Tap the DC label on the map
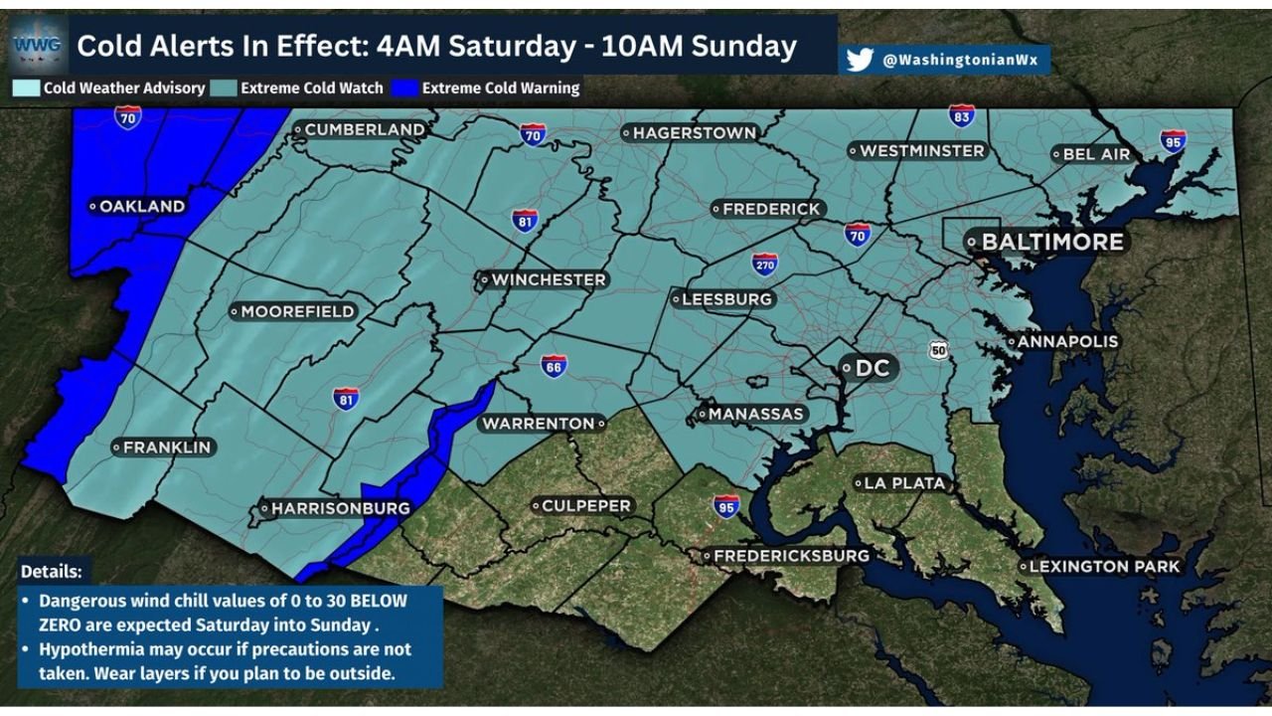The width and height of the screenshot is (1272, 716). coord(871,368)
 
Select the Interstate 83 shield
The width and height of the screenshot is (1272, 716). coord(961,116)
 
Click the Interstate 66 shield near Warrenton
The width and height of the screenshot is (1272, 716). coord(554,366)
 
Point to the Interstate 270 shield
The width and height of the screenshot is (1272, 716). coord(764,264)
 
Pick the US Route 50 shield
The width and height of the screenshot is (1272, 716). coord(939,350)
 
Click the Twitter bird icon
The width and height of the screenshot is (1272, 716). coord(860,61)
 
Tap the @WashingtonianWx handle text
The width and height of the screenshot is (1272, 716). coord(959,61)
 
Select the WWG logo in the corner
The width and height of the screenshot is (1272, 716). coord(38,44)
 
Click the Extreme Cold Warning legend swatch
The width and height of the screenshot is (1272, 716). coord(404,89)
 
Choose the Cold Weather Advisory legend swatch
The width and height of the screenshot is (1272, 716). coord(26,89)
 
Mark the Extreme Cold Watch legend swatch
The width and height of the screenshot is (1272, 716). coord(223,89)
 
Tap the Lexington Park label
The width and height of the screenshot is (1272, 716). coord(1104,566)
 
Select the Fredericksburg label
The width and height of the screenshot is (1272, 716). coord(791,555)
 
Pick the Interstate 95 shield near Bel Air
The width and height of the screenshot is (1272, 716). coord(1173,140)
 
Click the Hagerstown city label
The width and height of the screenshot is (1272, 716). coord(695,132)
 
